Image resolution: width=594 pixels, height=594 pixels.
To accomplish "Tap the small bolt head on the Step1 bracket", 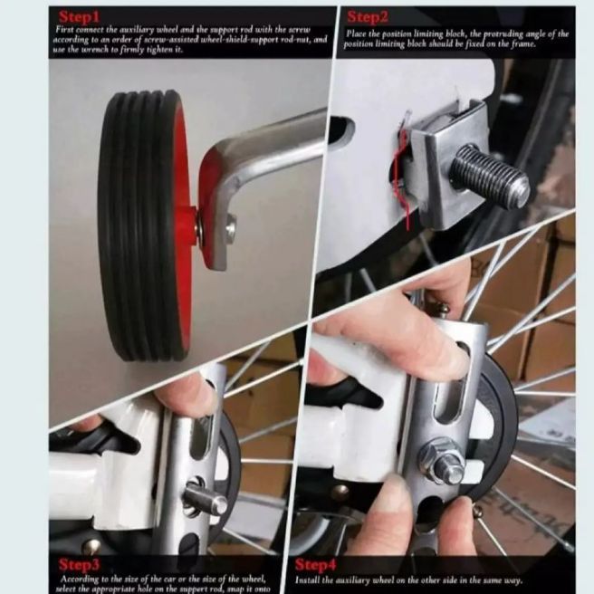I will click(230, 230).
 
